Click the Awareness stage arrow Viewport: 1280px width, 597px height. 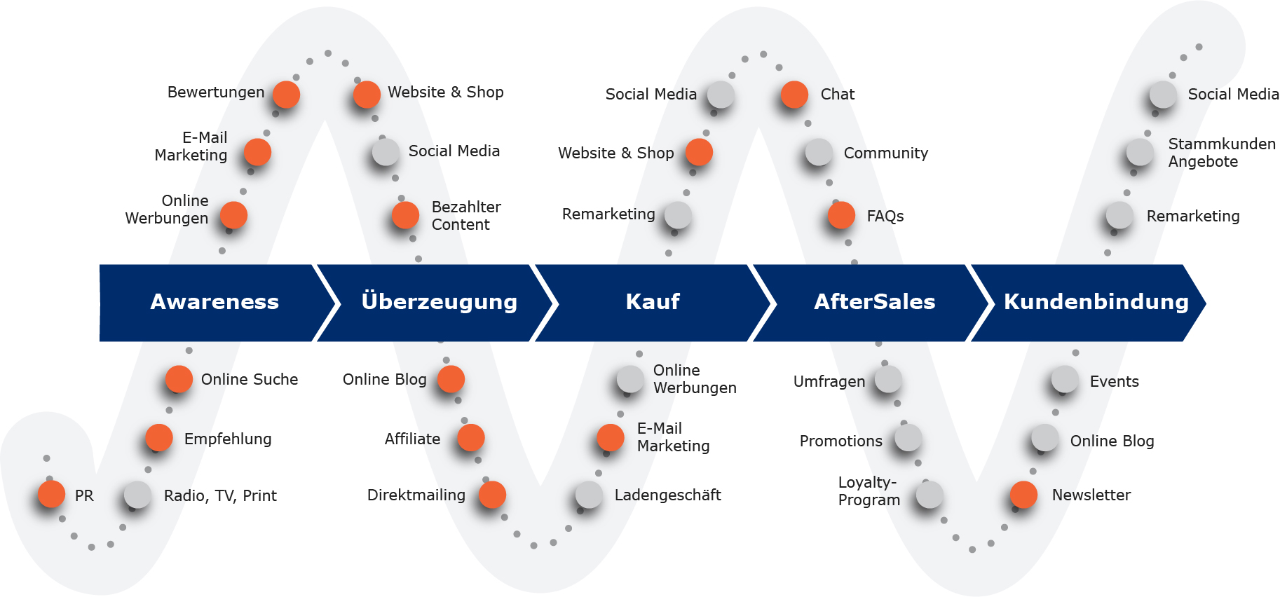pos(214,302)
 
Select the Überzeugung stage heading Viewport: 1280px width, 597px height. pos(439,302)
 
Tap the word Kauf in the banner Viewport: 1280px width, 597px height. pos(653,302)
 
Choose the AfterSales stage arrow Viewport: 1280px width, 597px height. pos(874,302)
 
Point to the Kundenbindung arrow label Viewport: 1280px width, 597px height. pos(1096,302)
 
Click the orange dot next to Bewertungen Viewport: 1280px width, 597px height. pos(286,94)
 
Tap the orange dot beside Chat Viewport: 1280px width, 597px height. pos(794,94)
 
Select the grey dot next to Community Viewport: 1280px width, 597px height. pos(819,152)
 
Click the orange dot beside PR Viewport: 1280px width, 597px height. pos(51,494)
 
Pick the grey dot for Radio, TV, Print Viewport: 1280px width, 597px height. pos(137,495)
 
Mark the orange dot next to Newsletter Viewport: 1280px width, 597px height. pos(1023,495)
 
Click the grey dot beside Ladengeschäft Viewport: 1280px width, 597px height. pos(589,495)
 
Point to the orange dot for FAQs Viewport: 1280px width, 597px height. pos(841,215)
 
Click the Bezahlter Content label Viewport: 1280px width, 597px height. pos(466,216)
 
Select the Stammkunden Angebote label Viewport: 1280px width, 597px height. pos(1221,153)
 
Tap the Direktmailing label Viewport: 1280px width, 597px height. pos(416,495)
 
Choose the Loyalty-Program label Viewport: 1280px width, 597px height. pos(869,491)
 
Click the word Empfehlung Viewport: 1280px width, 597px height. pos(228,439)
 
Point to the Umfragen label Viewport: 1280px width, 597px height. pos(829,382)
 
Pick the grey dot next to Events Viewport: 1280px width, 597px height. pos(1065,379)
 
